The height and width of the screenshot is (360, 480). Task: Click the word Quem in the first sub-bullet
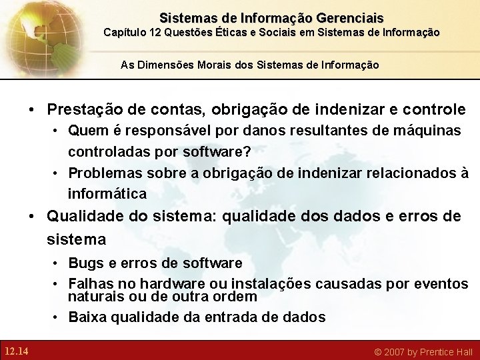(85, 131)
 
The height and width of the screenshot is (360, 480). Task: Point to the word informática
(107, 194)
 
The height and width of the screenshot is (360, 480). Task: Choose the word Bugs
(85, 263)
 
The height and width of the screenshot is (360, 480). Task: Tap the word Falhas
(89, 285)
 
